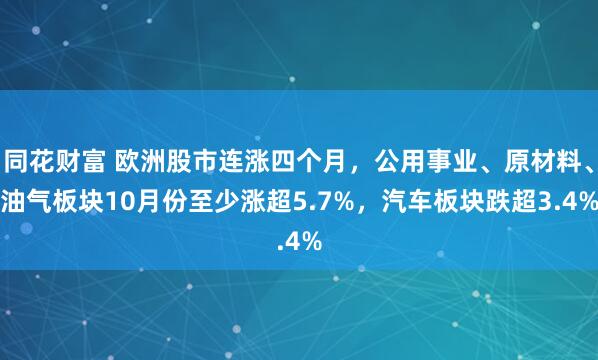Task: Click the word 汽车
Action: pos(389,203)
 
